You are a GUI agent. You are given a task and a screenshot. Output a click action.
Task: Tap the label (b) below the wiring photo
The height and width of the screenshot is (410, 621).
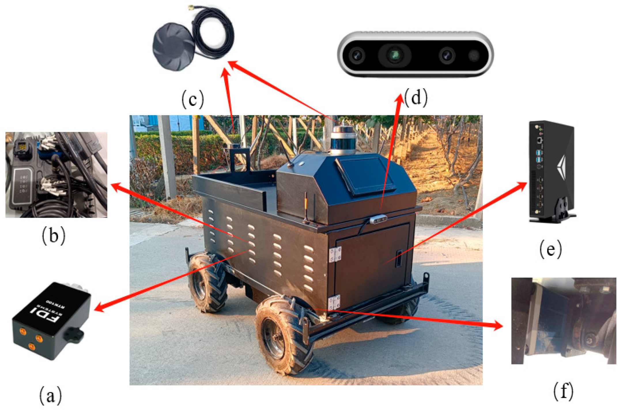54,236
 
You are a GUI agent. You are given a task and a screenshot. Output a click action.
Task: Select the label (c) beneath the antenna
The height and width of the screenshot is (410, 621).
192,99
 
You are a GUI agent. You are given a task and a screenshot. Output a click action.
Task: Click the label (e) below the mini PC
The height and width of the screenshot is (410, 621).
550,249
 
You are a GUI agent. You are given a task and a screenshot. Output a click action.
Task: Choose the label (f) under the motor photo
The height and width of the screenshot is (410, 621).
563,391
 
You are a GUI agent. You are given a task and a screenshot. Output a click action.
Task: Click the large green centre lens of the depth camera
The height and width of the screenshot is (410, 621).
395,54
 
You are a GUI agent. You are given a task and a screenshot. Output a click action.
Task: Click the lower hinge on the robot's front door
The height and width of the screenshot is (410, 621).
334,302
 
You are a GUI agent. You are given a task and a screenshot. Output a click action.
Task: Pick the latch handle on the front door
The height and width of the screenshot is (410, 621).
399,258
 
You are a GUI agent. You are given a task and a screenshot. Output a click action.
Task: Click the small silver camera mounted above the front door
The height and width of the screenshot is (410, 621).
378,219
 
